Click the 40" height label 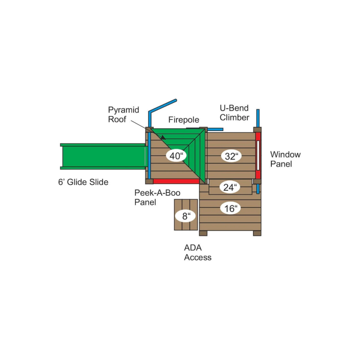pos(176,156)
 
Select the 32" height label pos(231,156)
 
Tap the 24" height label pos(230,187)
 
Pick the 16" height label pos(230,208)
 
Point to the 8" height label pos(185,216)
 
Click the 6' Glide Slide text pos(83,182)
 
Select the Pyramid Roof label pos(123,114)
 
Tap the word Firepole pos(184,120)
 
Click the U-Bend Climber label pos(234,113)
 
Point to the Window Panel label pos(285,159)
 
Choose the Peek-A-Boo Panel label pos(157,198)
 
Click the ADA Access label pos(198,252)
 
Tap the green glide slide pos(103,156)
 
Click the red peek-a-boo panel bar pos(176,181)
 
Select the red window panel pos(258,155)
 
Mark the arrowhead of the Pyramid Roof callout pos(163,138)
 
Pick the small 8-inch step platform pos(186,215)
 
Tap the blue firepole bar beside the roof pos(215,130)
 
